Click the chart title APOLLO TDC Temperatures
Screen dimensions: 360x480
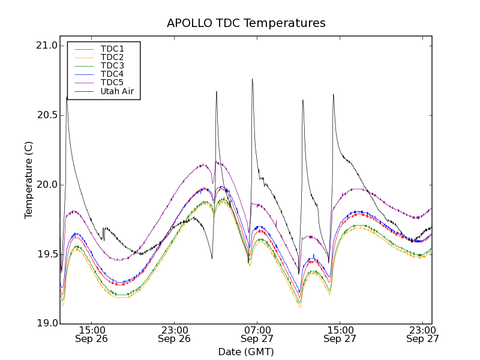[x=246, y=23]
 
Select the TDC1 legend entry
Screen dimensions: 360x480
[x=112, y=49]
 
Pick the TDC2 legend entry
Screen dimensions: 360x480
[x=112, y=57]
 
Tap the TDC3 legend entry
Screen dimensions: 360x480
[x=112, y=65]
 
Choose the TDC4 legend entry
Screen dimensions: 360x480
[x=112, y=74]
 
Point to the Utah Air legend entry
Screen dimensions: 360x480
[x=116, y=91]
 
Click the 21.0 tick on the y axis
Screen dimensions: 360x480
[x=46, y=46]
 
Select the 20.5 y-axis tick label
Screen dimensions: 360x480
[x=46, y=115]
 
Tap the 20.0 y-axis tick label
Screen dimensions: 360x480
[x=46, y=185]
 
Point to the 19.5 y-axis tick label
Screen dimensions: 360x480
[x=46, y=254]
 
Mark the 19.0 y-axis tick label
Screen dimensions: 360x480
[x=46, y=324]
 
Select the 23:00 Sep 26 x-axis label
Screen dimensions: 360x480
[x=174, y=334]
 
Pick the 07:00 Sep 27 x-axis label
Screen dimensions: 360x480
[x=257, y=334]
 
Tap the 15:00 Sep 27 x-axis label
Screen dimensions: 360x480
[x=340, y=334]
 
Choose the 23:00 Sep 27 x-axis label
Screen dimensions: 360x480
[x=422, y=334]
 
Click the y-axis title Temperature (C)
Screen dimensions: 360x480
[x=29, y=180]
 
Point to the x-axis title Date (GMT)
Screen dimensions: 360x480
[x=246, y=352]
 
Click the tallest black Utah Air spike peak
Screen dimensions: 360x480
[x=252, y=79]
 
